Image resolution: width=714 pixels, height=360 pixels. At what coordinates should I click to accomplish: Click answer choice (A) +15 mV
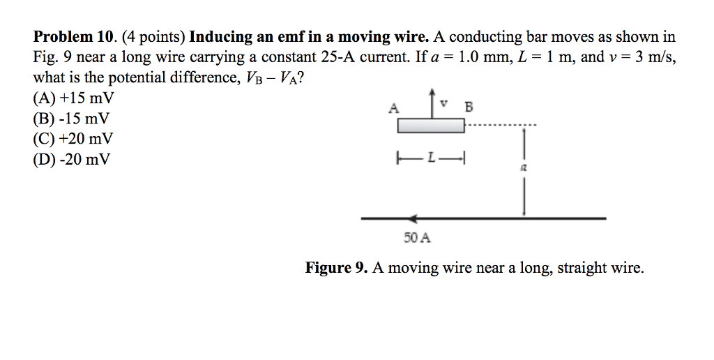pos(73,98)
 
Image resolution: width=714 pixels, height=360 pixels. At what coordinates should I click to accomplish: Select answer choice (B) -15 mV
pos(72,119)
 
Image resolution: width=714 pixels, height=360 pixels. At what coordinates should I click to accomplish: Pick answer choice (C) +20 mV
pos(73,139)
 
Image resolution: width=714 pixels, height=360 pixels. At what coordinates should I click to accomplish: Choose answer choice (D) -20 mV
pos(72,159)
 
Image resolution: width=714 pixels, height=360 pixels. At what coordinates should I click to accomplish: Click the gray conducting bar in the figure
pos(431,126)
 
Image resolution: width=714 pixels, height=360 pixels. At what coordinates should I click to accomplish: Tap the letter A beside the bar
pos(394,108)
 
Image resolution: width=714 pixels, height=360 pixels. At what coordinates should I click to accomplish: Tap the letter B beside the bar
pos(469,107)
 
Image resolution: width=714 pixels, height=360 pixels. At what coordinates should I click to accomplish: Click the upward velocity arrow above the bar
pos(432,104)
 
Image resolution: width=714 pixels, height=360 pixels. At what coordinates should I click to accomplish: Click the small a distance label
pos(524,167)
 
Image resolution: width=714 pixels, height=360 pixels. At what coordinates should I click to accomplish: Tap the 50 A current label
pos(417,237)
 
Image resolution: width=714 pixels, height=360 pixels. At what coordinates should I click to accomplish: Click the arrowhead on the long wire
pos(413,218)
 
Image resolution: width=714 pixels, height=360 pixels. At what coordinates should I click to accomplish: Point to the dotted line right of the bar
pos(501,125)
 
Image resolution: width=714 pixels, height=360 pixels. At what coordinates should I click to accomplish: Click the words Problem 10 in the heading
pos(73,36)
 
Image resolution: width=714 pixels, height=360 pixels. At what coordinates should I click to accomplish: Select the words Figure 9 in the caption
pos(336,267)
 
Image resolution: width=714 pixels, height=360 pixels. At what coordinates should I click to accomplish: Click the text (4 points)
pos(153,37)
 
